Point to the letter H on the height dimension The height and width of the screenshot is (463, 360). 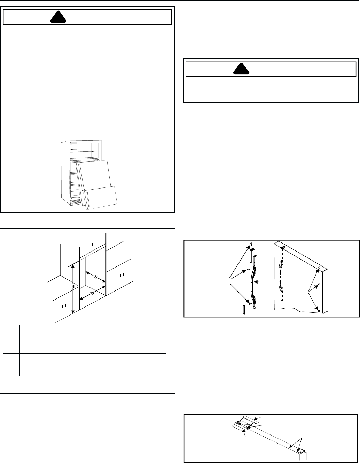73,286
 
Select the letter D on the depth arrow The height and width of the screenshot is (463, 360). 96,277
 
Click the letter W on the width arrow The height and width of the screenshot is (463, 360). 92,293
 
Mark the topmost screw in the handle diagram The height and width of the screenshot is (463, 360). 251,244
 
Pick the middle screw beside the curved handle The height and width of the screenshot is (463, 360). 248,269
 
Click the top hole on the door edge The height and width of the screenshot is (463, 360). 318,268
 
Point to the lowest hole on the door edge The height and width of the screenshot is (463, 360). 318,307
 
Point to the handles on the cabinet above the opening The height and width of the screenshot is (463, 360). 94,244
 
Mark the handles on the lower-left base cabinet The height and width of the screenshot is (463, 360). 64,306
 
